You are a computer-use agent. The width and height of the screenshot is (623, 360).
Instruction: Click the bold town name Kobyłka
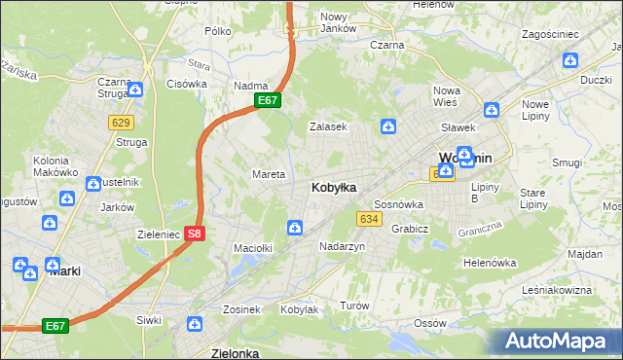[333, 187]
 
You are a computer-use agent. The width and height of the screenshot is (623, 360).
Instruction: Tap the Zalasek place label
[327, 126]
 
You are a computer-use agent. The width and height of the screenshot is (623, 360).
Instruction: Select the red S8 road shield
[195, 234]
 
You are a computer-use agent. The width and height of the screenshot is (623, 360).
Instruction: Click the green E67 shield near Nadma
[269, 100]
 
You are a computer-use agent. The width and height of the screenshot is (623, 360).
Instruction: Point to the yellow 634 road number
[368, 219]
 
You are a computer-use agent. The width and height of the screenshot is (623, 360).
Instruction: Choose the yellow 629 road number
[121, 122]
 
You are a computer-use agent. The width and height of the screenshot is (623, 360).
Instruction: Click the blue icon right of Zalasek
[388, 126]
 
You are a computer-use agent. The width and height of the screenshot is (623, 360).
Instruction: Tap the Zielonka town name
[236, 353]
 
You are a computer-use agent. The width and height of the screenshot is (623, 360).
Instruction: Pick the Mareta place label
[269, 174]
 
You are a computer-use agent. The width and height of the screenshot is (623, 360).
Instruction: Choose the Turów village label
[354, 306]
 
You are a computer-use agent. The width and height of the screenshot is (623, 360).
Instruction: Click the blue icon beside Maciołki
[294, 228]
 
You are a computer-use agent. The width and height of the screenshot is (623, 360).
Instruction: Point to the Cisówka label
[187, 84]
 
